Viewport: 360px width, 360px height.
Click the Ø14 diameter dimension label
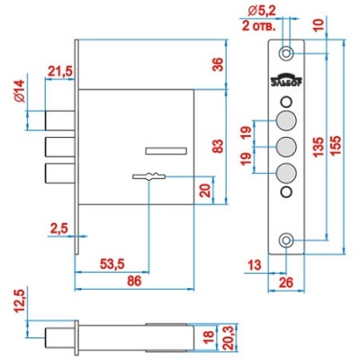pyautogui.click(x=21, y=92)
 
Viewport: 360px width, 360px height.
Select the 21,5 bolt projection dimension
pyautogui.click(x=60, y=71)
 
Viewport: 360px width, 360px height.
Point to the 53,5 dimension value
pyautogui.click(x=112, y=265)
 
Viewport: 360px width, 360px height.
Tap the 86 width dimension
pyautogui.click(x=134, y=282)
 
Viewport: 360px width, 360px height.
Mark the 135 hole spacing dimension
pyautogui.click(x=319, y=147)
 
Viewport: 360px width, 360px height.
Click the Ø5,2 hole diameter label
pyautogui.click(x=262, y=12)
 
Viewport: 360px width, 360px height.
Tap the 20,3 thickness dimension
pyautogui.click(x=229, y=338)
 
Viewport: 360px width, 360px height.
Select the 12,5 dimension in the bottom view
pyautogui.click(x=21, y=301)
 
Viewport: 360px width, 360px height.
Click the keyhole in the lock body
pyautogui.click(x=148, y=176)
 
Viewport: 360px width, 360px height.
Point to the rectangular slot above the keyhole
pyautogui.click(x=166, y=151)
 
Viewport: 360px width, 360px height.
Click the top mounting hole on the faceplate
pyautogui.click(x=286, y=54)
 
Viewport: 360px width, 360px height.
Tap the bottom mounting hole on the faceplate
pyautogui.click(x=286, y=240)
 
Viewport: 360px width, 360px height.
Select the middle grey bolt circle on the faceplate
pyautogui.click(x=286, y=147)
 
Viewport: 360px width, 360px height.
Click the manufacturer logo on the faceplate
pyautogui.click(x=286, y=80)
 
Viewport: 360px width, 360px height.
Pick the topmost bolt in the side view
pyautogui.click(x=60, y=121)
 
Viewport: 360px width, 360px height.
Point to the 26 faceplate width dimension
pyautogui.click(x=285, y=283)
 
